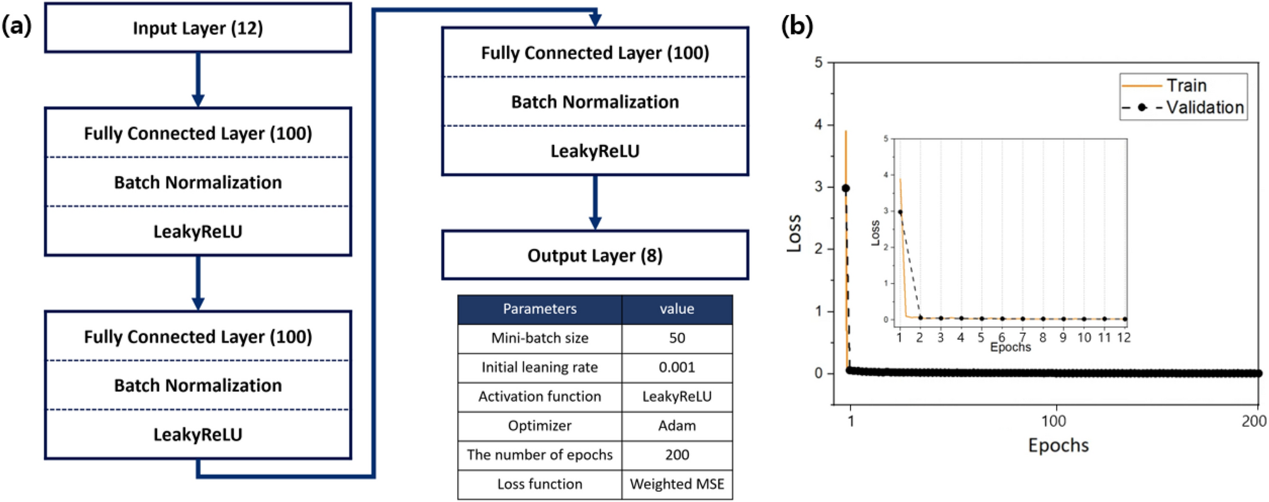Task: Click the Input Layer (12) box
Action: [197, 28]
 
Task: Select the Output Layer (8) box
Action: [594, 255]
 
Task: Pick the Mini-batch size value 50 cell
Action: [676, 338]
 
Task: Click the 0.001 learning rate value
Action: [676, 367]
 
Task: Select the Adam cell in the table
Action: [676, 426]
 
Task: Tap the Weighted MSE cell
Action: [676, 484]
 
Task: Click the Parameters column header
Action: [540, 309]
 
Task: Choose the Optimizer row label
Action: [540, 426]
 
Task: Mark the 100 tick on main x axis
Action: [1053, 421]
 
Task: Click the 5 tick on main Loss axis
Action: [818, 62]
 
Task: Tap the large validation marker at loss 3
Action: [846, 188]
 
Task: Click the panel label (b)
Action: [797, 26]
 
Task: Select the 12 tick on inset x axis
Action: [1124, 338]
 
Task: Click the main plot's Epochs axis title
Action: [1058, 445]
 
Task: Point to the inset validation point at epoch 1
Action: [900, 212]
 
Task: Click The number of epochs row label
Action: [540, 455]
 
